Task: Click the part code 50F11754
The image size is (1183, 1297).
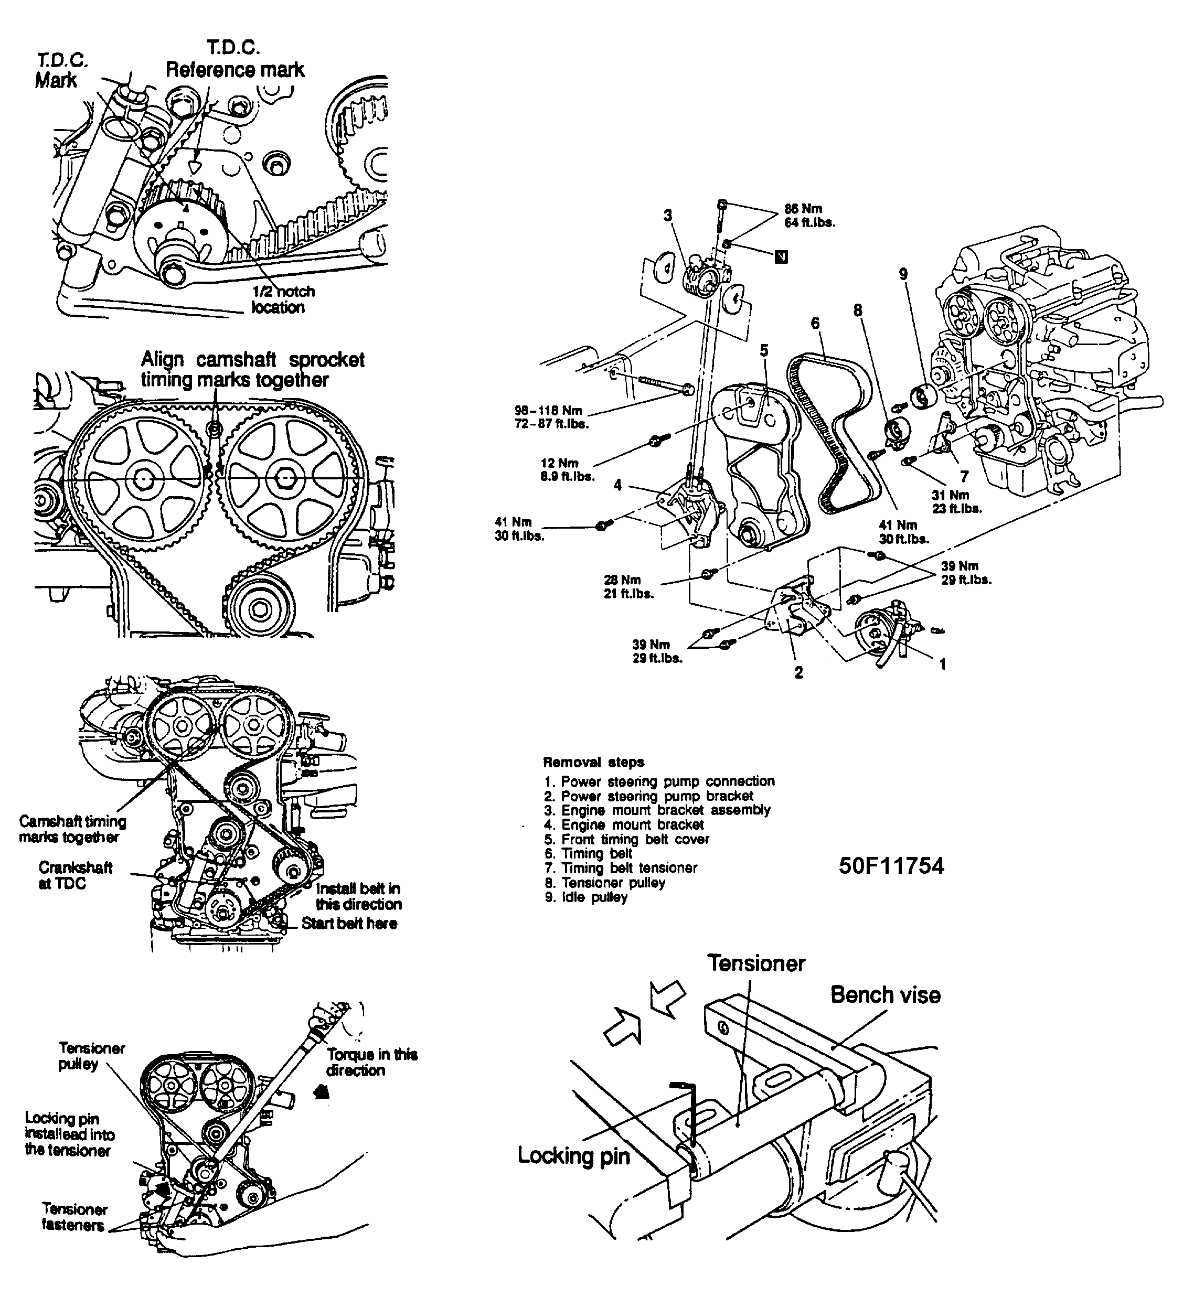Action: pyautogui.click(x=891, y=865)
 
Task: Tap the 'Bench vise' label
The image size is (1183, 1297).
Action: pyautogui.click(x=885, y=994)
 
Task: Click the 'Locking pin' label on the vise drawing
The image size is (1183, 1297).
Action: pyautogui.click(x=573, y=1155)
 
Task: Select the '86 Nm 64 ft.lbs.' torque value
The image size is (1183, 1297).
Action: pyautogui.click(x=809, y=216)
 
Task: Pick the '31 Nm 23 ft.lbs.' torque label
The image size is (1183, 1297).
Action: pyautogui.click(x=956, y=501)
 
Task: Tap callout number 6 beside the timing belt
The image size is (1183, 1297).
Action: pyautogui.click(x=815, y=323)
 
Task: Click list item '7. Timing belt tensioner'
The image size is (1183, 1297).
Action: pyautogui.click(x=621, y=868)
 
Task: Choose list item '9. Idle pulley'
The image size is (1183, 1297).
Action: pyautogui.click(x=585, y=897)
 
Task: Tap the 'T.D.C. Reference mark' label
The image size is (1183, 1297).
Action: pyautogui.click(x=235, y=59)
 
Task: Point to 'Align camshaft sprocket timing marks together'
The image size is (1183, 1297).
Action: pyautogui.click(x=252, y=369)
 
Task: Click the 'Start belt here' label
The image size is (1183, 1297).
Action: pyautogui.click(x=349, y=923)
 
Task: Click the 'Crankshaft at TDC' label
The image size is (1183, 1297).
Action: pyautogui.click(x=76, y=875)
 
